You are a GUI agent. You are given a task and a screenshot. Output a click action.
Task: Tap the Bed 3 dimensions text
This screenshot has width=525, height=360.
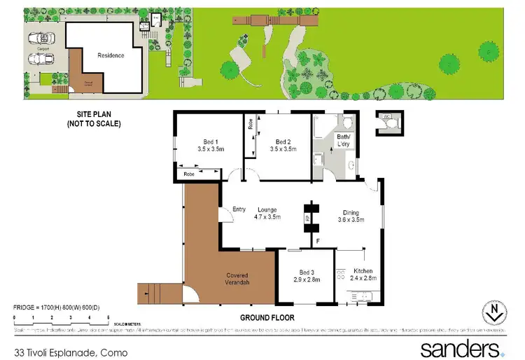click(x=306, y=279)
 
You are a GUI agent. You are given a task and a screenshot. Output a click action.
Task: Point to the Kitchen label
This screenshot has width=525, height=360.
click(x=363, y=271)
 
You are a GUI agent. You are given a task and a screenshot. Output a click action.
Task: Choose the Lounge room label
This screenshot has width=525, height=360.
click(x=267, y=209)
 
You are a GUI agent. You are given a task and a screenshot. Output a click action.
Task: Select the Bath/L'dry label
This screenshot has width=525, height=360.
click(x=343, y=142)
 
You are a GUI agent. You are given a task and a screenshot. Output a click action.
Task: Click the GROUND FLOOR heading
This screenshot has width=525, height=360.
click(x=268, y=317)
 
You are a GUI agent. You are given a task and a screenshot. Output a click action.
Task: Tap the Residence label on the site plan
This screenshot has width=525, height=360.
click(x=111, y=55)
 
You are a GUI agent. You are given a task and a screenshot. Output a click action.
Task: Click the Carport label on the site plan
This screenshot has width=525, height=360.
click(x=34, y=50)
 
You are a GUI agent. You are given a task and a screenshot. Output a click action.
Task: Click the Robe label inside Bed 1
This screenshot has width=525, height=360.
click(x=189, y=174)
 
